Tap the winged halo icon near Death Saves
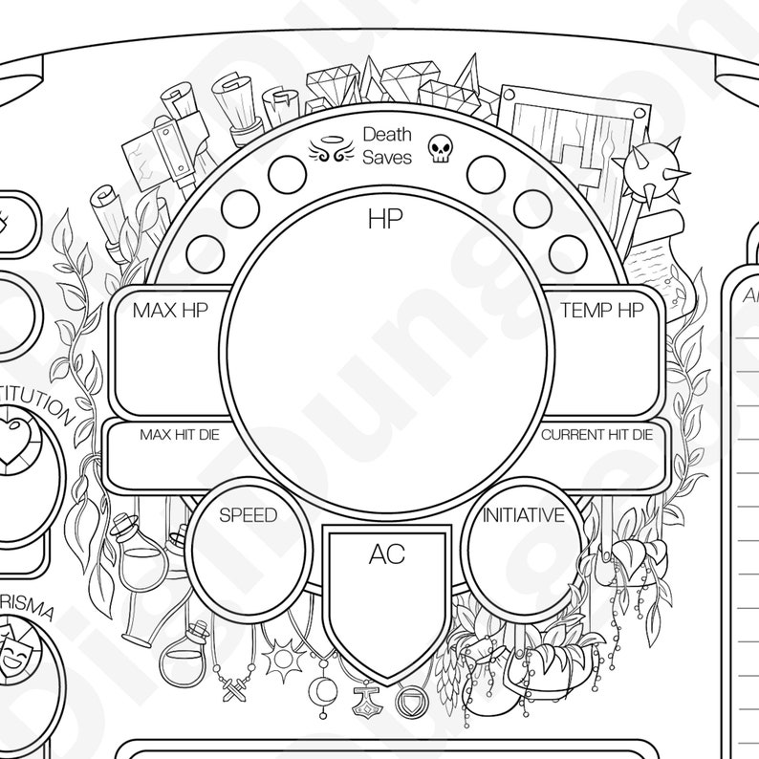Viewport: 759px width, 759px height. click(x=326, y=148)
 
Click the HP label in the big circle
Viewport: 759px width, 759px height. click(x=385, y=219)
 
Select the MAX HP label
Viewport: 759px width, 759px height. click(x=170, y=310)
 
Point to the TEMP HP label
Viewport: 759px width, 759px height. click(x=601, y=310)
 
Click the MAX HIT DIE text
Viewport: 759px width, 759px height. click(x=180, y=435)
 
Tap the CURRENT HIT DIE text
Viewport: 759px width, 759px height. click(x=596, y=435)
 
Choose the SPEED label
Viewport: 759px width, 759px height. click(x=248, y=515)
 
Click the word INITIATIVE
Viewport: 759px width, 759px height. click(x=523, y=515)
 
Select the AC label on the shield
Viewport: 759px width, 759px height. click(x=386, y=554)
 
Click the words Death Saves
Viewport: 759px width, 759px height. click(x=387, y=146)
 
